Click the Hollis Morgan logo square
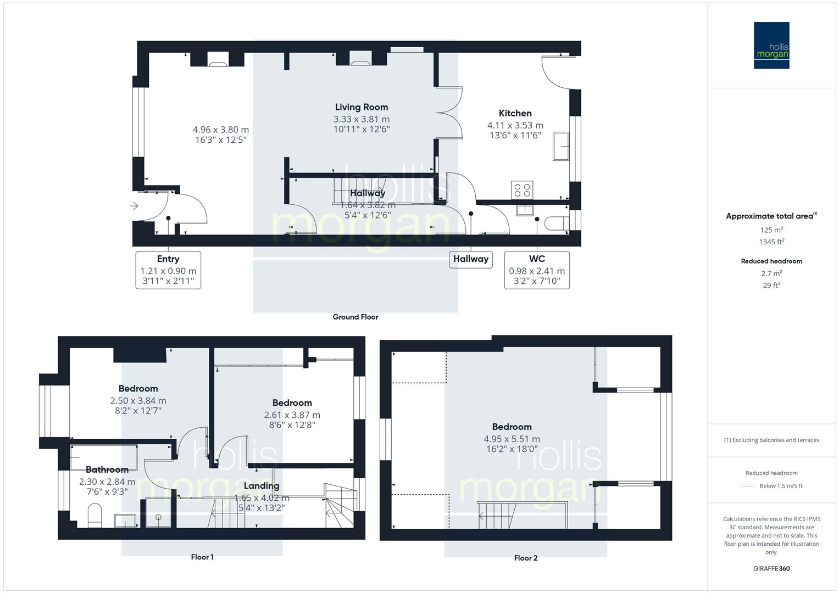coord(771,45)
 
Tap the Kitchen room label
coord(515,113)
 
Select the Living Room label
coord(362,107)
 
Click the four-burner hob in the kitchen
coord(521,190)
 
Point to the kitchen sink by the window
coord(561,146)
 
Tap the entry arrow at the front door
coord(134,206)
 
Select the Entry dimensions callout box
coord(168,270)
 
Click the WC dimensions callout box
coord(537,270)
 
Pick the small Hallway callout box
coord(470,259)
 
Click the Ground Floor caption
coord(355,317)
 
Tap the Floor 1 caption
coord(202,557)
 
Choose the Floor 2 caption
coord(526,558)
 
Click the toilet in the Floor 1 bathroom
coord(95,514)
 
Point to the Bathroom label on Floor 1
coord(107,469)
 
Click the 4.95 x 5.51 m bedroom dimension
coord(512,439)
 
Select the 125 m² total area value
coord(771,230)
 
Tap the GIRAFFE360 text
coord(771,568)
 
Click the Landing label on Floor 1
coord(262,486)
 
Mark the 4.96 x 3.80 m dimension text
coord(220,130)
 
